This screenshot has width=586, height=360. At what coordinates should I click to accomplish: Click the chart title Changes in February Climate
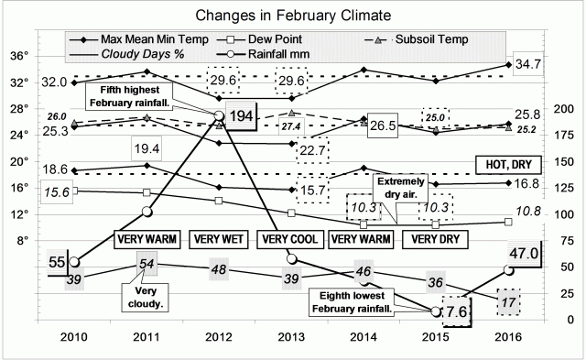click(293, 16)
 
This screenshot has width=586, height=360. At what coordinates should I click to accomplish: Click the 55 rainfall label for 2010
click(57, 262)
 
